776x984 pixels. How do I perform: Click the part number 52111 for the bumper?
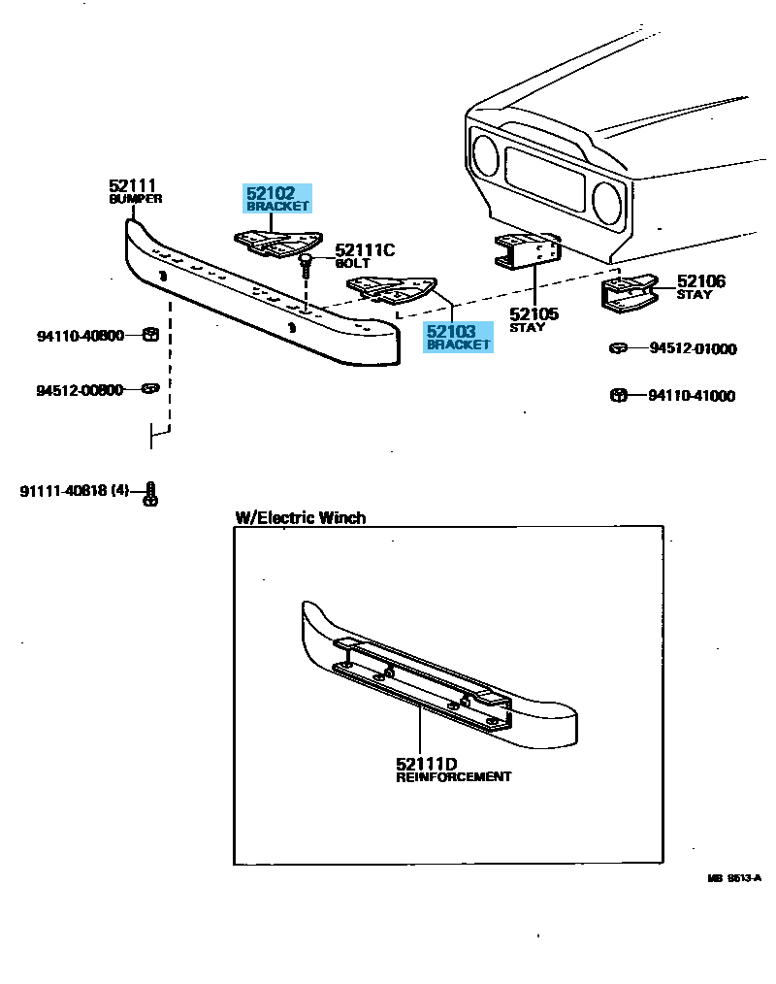[133, 185]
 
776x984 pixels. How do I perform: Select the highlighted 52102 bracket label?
[277, 199]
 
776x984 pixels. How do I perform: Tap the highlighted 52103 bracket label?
[458, 338]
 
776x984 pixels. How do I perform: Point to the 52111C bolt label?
[365, 256]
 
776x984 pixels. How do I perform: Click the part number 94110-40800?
[81, 336]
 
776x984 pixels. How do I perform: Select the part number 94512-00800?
[81, 390]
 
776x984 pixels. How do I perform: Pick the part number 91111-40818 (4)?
[74, 491]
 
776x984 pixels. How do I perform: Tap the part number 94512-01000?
[693, 348]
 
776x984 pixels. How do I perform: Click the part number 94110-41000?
[693, 396]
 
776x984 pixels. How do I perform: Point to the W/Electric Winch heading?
[301, 517]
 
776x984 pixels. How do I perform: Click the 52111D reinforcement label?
[452, 770]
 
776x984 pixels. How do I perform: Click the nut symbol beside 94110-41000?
[617, 395]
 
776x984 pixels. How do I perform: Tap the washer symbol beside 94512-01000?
[617, 347]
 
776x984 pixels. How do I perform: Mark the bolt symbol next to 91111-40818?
[150, 493]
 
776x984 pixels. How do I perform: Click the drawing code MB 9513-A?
[733, 878]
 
